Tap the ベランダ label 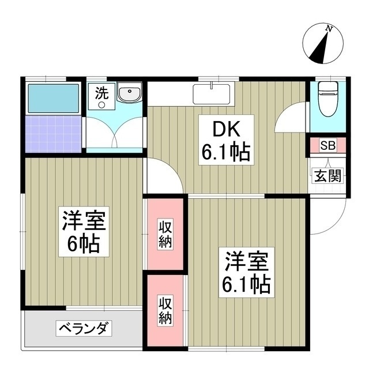(84, 329)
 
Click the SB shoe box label (326, 145)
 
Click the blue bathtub (52, 99)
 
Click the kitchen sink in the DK (212, 94)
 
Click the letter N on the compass (329, 28)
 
